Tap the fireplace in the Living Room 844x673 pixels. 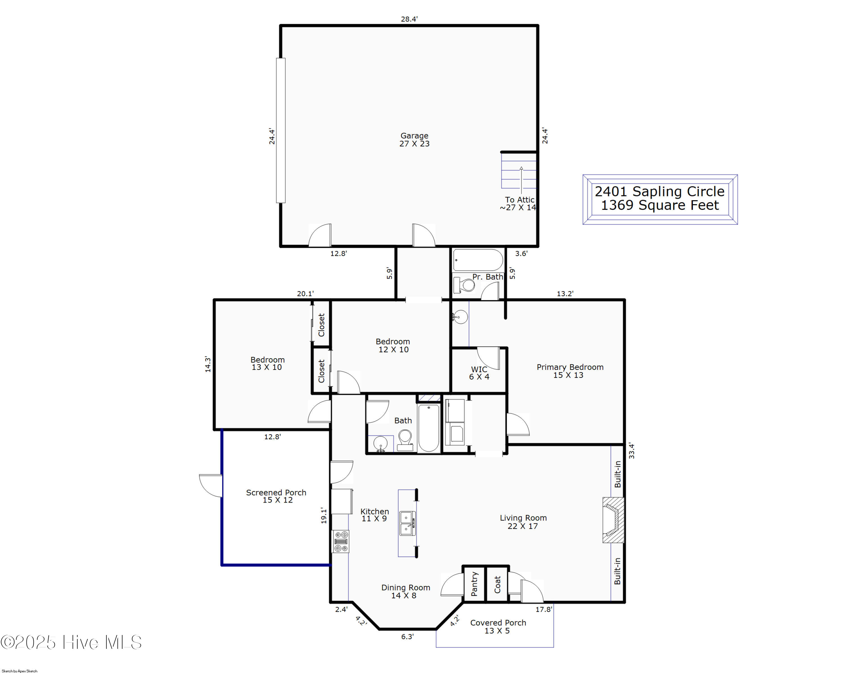[613, 520]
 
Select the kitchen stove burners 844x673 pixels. [341, 542]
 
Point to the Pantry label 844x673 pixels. [474, 584]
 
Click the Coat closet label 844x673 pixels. [497, 584]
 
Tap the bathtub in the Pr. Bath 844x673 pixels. [478, 260]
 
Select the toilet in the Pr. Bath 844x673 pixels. [464, 285]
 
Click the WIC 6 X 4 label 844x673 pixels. [479, 373]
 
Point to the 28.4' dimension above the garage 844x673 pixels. [409, 19]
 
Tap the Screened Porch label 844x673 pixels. [276, 496]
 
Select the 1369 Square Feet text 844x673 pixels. [660, 205]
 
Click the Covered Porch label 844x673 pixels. [498, 626]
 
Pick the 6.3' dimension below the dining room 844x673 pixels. [407, 637]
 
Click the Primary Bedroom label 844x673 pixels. [570, 371]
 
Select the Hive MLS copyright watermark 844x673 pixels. [71, 642]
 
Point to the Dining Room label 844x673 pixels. [406, 591]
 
